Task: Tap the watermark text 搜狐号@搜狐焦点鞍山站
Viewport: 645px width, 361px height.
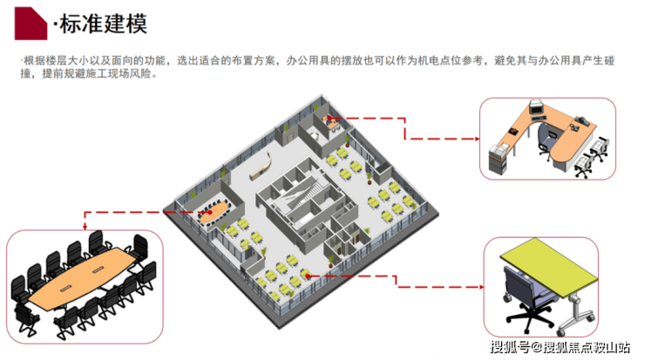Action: [x=560, y=348]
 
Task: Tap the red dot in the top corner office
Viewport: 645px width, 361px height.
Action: [x=329, y=117]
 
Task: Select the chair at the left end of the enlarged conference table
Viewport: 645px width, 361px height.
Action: [x=19, y=291]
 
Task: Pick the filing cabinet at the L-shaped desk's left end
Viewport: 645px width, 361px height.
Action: [x=499, y=160]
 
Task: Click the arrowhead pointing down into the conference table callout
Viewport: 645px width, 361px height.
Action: [x=85, y=225]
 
